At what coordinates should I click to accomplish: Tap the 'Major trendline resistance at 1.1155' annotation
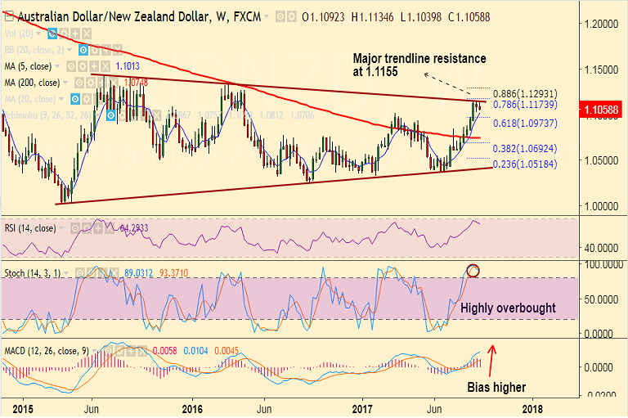click(x=419, y=65)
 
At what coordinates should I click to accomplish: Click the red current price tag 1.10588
click(x=601, y=108)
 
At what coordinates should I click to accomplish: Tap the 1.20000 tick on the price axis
click(x=601, y=25)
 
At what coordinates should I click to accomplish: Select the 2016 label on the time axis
click(x=192, y=407)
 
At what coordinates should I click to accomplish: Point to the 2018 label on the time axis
click(x=532, y=407)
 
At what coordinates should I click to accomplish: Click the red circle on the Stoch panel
click(x=473, y=270)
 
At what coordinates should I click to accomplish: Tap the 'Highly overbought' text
click(x=509, y=308)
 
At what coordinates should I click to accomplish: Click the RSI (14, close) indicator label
click(x=29, y=228)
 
